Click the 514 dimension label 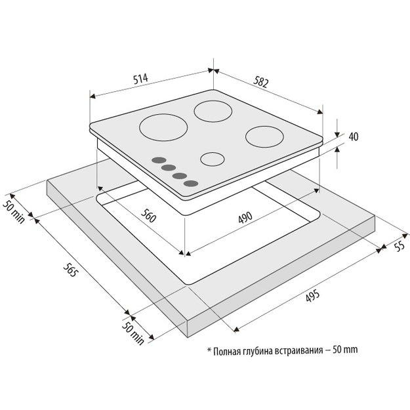(140, 79)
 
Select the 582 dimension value (260, 81)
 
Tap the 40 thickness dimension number (354, 136)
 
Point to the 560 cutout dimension (148, 216)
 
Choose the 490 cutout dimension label (245, 217)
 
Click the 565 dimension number (71, 270)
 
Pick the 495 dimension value (312, 295)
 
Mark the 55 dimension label (400, 246)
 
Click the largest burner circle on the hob (163, 127)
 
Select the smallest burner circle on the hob (213, 159)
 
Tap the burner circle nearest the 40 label (264, 136)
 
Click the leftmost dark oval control (159, 160)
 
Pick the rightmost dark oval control (191, 184)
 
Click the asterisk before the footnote (209, 350)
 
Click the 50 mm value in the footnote (345, 350)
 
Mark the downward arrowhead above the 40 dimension (337, 134)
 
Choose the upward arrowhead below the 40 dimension (337, 150)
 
